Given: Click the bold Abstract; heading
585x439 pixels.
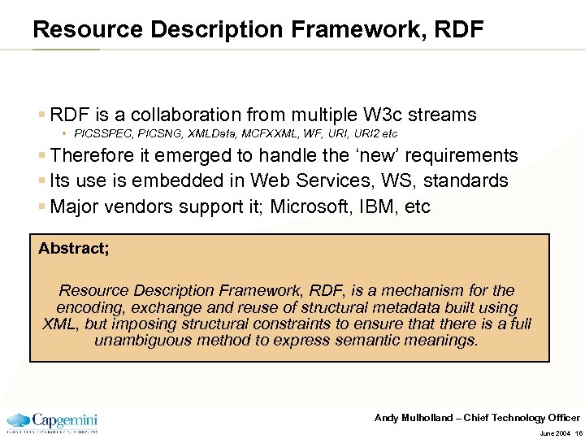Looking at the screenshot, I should click(x=74, y=249).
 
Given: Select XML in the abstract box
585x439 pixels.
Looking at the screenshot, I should click(x=59, y=324).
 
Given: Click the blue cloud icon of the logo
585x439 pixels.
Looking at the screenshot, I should click(x=19, y=421).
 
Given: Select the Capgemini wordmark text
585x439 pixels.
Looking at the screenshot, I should click(x=65, y=419).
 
